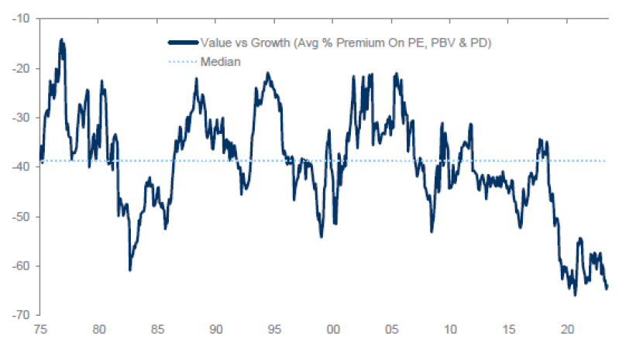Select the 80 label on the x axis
98,329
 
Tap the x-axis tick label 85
157,329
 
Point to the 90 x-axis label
216,329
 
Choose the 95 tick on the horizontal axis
275,329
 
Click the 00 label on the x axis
333,329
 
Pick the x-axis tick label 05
393,329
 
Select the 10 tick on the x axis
451,329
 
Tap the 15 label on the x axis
510,329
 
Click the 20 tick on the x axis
568,329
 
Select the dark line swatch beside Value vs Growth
181,43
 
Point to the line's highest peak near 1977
61,40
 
